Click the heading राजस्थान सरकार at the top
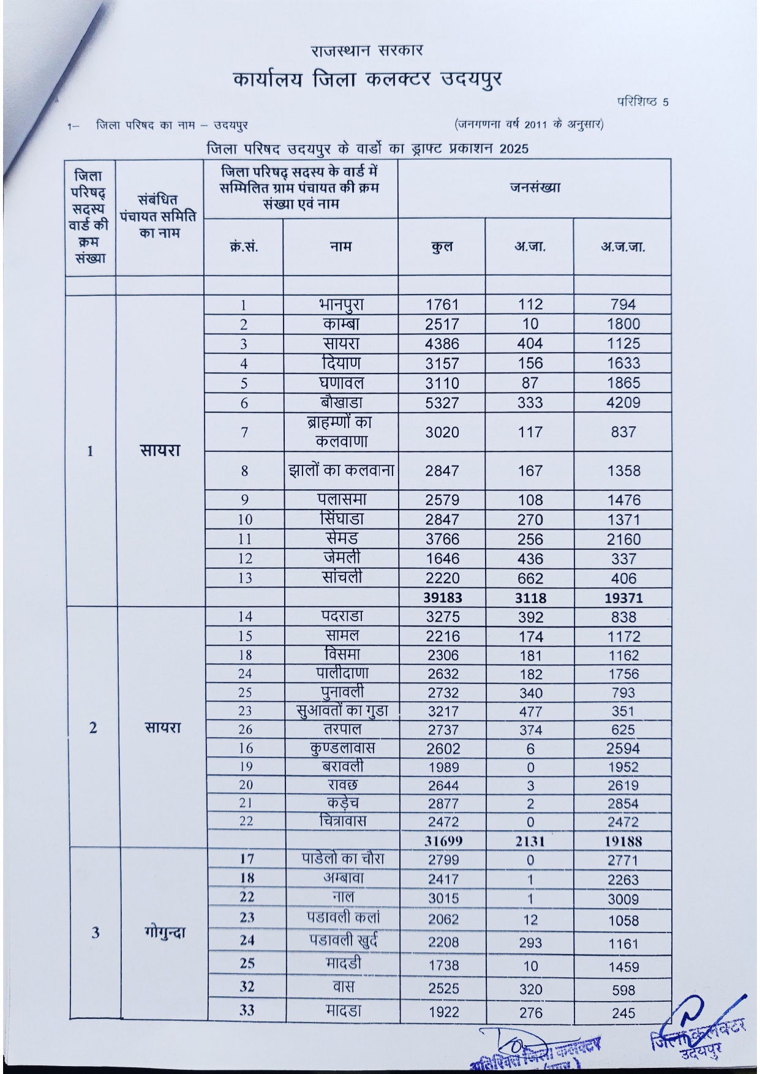coord(367,50)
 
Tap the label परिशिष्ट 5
coord(642,102)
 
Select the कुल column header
coord(442,247)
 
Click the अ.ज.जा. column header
coord(622,247)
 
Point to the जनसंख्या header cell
coord(534,188)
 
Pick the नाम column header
coord(340,247)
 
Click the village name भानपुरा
coord(341,304)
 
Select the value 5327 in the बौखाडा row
coord(442,403)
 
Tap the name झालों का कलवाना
coord(341,471)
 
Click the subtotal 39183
coord(442,598)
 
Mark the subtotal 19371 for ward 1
coord(623,598)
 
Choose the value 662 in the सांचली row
coord(530,578)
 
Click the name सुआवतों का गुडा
coord(341,711)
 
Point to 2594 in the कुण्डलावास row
coord(623,748)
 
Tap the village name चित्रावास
coord(343,821)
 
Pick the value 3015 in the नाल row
coord(443,898)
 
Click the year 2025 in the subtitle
coord(513,149)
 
